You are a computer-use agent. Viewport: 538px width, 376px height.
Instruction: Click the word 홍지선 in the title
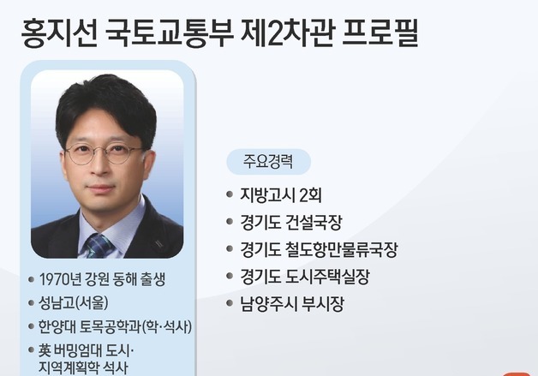click(x=57, y=33)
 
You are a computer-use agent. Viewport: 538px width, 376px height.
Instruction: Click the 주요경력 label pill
click(x=268, y=161)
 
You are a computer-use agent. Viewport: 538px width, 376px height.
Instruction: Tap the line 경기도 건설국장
click(x=290, y=222)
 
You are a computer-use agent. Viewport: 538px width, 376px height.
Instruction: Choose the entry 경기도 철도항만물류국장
click(x=319, y=249)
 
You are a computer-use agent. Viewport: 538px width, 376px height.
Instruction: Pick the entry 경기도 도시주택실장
click(x=304, y=277)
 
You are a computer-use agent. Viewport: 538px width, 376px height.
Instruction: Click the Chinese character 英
click(x=45, y=350)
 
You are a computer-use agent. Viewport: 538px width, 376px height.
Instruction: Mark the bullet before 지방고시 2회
click(x=230, y=194)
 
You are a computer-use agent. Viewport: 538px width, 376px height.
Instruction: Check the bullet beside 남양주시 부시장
click(x=230, y=304)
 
